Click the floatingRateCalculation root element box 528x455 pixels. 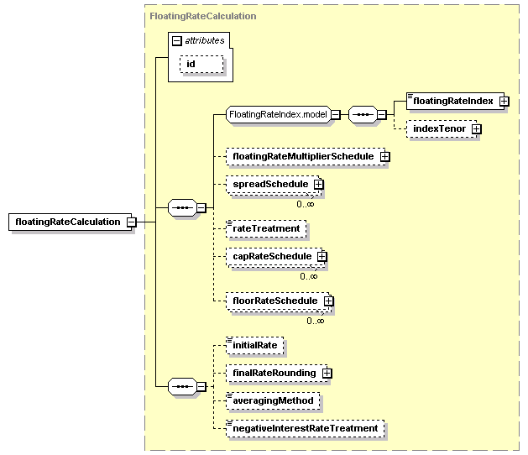coord(70,222)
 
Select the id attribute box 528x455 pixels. coord(201,64)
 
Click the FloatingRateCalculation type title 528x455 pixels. coord(202,16)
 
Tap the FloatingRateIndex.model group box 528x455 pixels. coord(279,114)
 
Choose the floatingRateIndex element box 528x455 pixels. coord(455,101)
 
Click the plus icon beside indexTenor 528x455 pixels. coord(477,129)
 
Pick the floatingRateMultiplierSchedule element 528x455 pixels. coord(306,157)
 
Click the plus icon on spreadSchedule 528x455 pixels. coord(318,184)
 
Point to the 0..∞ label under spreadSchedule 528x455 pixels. coord(306,204)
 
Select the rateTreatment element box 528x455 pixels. coord(266,229)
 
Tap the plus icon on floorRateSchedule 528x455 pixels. coord(329,301)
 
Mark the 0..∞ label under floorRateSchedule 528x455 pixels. coord(316,321)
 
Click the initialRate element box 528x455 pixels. coord(254,346)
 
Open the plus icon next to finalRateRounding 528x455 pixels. coord(327,374)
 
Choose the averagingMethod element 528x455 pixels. coord(273,400)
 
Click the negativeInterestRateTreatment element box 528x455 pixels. coord(305,429)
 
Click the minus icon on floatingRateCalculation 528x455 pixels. coord(131,222)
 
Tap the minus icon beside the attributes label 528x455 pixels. coord(177,41)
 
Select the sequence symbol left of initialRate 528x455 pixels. coord(182,387)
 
